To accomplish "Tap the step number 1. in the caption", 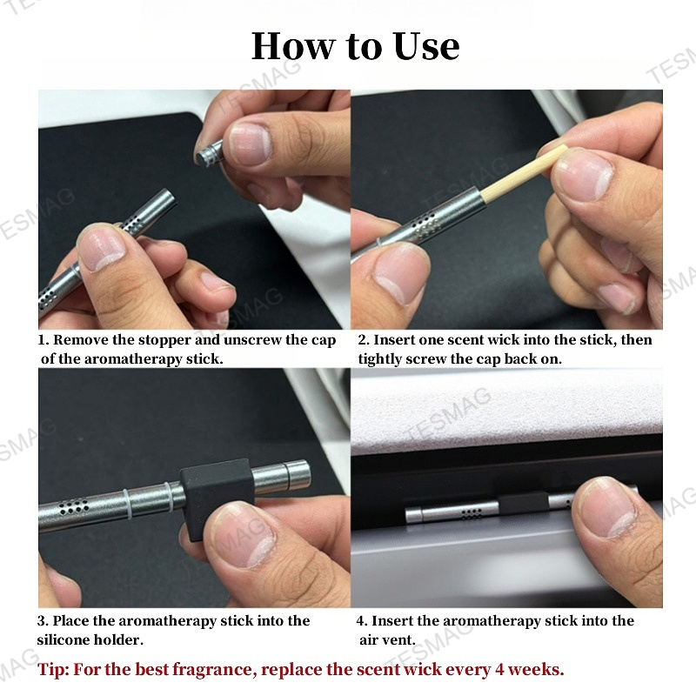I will [x=43, y=340].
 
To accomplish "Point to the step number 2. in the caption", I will [x=364, y=340].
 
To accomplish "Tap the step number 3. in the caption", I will [x=43, y=621].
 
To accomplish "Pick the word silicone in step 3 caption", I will [x=67, y=640].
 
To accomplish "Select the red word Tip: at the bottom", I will [x=53, y=670].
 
